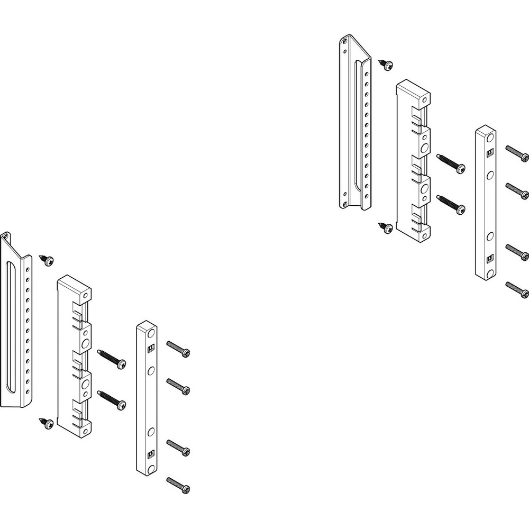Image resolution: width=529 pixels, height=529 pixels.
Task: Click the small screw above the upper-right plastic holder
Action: [x=387, y=65]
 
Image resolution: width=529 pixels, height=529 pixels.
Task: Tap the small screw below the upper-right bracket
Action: [x=387, y=227]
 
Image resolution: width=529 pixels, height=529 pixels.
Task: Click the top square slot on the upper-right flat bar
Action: [x=489, y=154]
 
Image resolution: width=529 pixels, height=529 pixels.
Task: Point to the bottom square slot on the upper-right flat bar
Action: [x=489, y=259]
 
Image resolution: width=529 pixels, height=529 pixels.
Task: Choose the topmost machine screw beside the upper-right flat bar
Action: [x=517, y=153]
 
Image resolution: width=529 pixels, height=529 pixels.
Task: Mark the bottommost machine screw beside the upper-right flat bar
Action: [x=517, y=289]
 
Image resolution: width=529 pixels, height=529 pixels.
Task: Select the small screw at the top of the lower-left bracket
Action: [x=48, y=260]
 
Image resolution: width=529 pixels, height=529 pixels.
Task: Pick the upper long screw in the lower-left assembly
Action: [x=112, y=358]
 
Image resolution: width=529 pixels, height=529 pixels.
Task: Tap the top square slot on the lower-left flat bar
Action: [x=150, y=349]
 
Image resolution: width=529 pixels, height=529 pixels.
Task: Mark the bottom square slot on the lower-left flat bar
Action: [x=150, y=453]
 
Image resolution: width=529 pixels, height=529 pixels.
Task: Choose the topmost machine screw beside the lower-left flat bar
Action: [x=178, y=349]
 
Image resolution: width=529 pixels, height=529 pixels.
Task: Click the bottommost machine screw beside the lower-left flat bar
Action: [x=178, y=485]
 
